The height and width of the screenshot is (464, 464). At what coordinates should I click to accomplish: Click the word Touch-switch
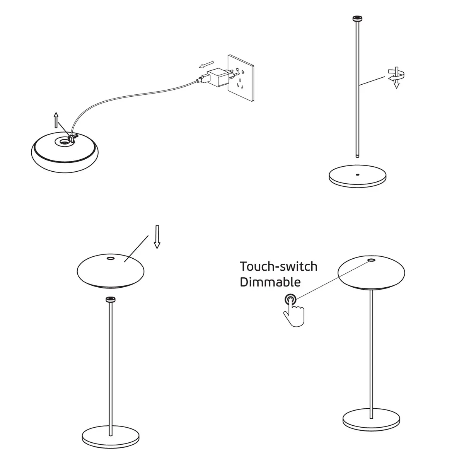[278, 266]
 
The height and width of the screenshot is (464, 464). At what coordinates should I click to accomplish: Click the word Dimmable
[270, 282]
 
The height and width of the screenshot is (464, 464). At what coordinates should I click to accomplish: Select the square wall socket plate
[241, 78]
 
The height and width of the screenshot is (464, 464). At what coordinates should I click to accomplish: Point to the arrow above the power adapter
[206, 65]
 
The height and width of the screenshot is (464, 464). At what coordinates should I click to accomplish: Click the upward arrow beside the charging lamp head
[56, 120]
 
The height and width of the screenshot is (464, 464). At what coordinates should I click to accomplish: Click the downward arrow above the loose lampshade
[157, 237]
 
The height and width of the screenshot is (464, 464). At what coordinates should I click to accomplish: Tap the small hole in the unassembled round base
[357, 174]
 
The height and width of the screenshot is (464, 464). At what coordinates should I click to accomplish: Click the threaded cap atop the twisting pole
[357, 19]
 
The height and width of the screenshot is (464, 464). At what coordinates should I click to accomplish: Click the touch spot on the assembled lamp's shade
[371, 260]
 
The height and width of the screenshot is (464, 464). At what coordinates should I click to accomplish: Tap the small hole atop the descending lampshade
[111, 258]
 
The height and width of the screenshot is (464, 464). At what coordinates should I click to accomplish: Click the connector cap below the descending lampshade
[111, 299]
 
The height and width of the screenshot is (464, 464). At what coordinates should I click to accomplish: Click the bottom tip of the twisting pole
[357, 157]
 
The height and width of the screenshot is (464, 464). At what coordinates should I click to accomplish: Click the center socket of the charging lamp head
[64, 142]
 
